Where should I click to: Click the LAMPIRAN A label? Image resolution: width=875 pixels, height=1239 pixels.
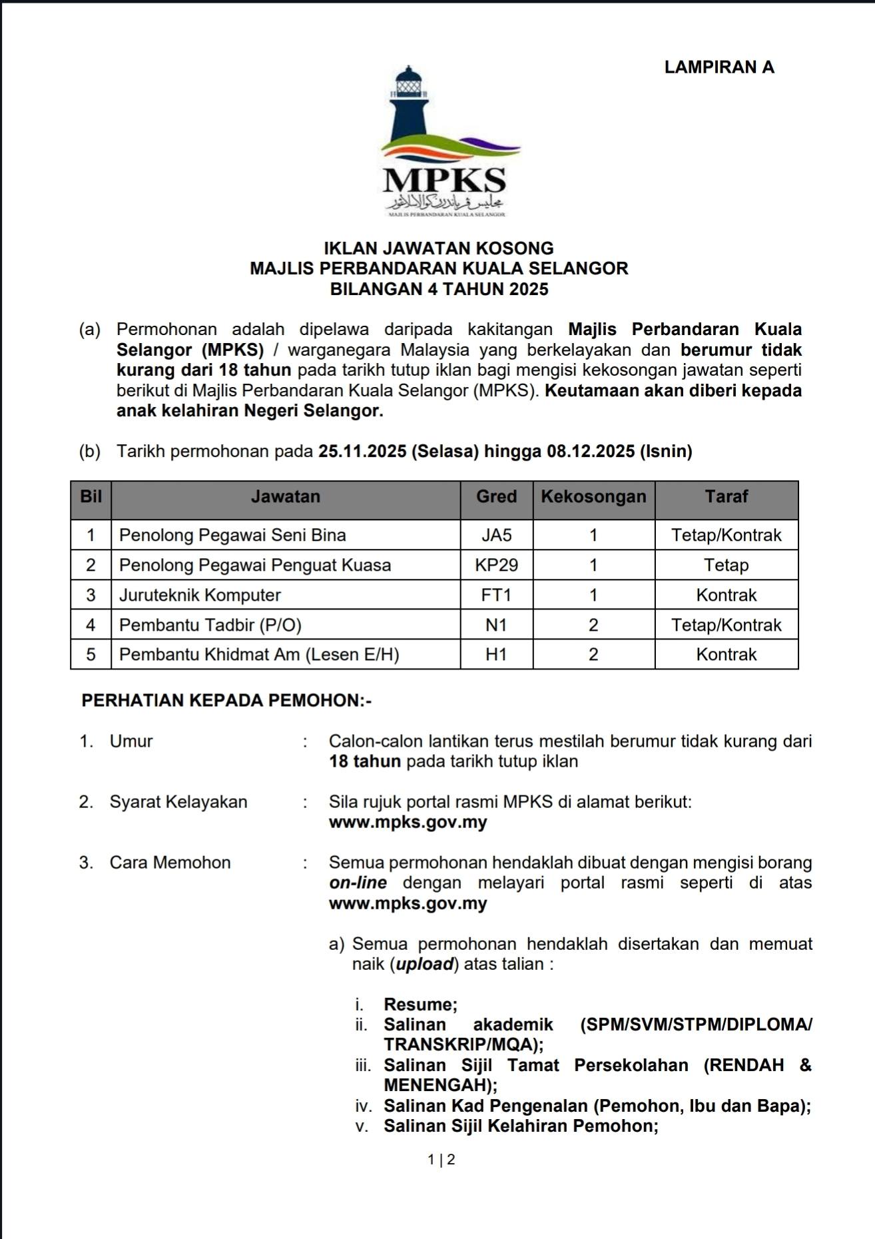pyautogui.click(x=719, y=67)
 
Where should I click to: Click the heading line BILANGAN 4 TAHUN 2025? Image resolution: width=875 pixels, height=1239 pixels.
pyautogui.click(x=439, y=289)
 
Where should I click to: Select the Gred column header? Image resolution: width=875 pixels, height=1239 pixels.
pyautogui.click(x=496, y=497)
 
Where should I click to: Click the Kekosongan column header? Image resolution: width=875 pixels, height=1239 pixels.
pyautogui.click(x=593, y=497)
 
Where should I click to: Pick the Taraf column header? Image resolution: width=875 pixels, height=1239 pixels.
pyautogui.click(x=727, y=497)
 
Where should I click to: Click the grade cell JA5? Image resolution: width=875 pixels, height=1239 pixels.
pyautogui.click(x=496, y=536)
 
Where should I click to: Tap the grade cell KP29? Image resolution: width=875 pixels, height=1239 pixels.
pyautogui.click(x=496, y=566)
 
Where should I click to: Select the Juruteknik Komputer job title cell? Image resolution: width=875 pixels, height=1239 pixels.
pyautogui.click(x=200, y=596)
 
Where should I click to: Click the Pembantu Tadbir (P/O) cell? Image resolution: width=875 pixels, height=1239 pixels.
pyautogui.click(x=210, y=625)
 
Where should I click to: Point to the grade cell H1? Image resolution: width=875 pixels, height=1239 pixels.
pyautogui.click(x=496, y=655)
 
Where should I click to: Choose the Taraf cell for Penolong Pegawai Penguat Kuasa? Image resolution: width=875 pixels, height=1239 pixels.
pyautogui.click(x=727, y=566)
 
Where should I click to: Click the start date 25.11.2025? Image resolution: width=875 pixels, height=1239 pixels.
pyautogui.click(x=362, y=452)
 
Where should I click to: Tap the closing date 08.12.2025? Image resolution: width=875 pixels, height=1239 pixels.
pyautogui.click(x=591, y=452)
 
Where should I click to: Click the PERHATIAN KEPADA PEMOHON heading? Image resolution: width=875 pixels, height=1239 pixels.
pyautogui.click(x=226, y=701)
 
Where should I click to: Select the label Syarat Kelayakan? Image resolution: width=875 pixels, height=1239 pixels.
pyautogui.click(x=178, y=802)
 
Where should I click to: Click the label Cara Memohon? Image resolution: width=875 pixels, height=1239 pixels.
pyautogui.click(x=170, y=863)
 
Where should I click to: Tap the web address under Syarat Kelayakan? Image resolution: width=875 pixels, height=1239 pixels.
pyautogui.click(x=408, y=822)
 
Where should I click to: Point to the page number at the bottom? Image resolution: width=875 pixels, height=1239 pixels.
pyautogui.click(x=441, y=1160)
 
